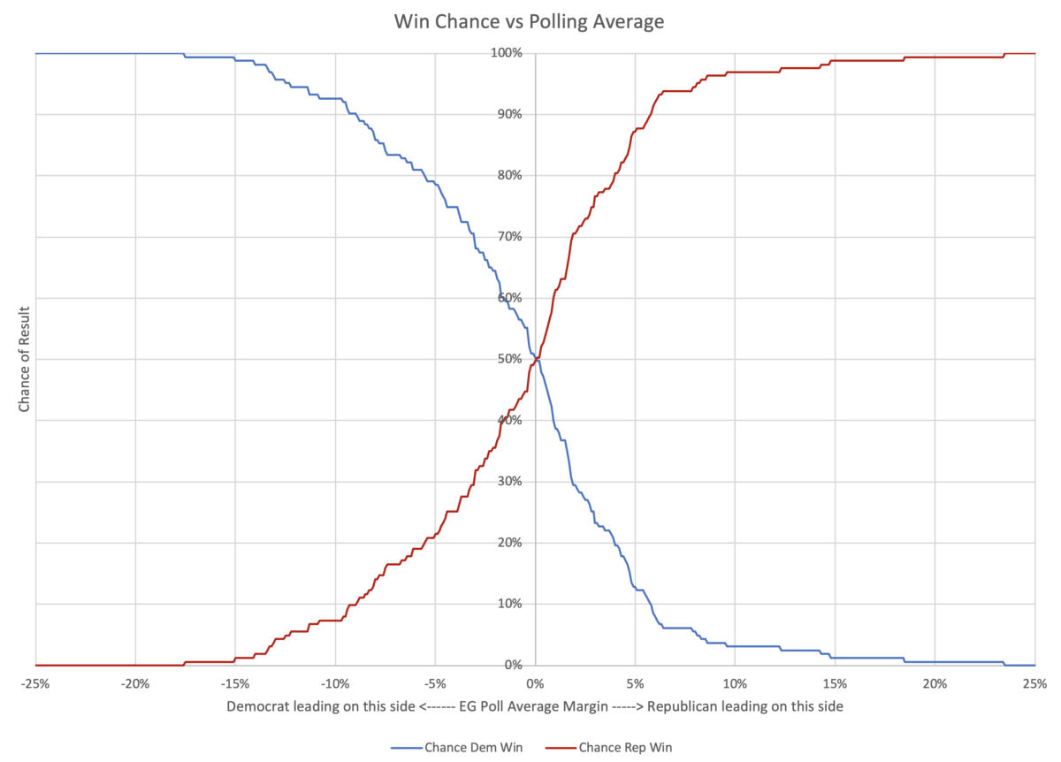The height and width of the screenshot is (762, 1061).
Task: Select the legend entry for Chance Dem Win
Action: (473, 748)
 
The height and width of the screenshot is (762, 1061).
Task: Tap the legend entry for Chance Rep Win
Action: (625, 748)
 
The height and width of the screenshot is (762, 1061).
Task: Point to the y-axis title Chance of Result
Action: (24, 359)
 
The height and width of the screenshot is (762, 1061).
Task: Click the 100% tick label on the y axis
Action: (508, 54)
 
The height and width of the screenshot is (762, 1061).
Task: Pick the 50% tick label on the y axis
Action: (510, 360)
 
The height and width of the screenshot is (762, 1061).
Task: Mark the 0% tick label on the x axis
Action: (534, 683)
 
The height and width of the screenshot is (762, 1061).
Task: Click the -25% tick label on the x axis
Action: (35, 683)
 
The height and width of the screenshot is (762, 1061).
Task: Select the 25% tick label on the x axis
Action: (1034, 683)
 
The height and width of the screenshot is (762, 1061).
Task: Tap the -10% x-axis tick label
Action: (335, 683)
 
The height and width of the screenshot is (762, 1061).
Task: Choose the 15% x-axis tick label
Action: (834, 683)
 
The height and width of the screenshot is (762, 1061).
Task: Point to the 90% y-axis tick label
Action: (510, 115)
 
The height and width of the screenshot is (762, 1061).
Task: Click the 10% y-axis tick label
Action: (510, 605)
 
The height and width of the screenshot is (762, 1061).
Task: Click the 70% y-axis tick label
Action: (510, 237)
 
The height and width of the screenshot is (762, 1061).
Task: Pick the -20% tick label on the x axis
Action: (135, 683)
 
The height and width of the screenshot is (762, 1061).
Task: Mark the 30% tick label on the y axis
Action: (510, 482)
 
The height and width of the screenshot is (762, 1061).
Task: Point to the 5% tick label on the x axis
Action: (634, 683)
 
